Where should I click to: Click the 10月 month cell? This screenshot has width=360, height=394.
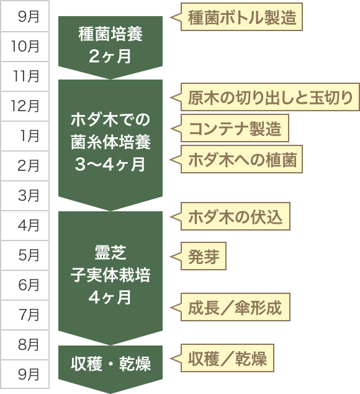click(x=25, y=47)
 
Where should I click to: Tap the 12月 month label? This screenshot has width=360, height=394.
click(x=25, y=106)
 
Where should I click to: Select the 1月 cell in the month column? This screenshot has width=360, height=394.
click(x=25, y=136)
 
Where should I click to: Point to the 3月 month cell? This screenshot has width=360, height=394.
click(x=25, y=196)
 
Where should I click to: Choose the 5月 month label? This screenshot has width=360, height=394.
click(x=25, y=255)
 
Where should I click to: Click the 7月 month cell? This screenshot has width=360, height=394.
click(x=25, y=315)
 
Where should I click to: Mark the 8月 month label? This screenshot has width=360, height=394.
click(x=25, y=344)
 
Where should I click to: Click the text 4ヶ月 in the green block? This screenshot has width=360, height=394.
click(x=110, y=297)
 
